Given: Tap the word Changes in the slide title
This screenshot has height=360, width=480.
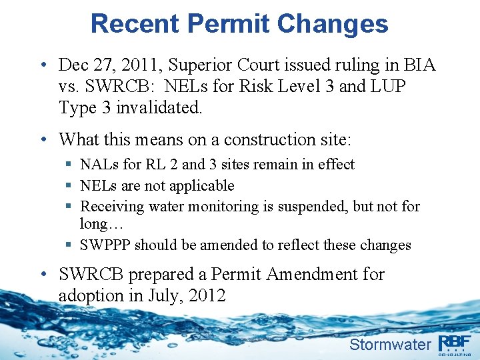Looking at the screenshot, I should pos(333,23).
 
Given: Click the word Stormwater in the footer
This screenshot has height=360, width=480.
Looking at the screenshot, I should pos(391,344).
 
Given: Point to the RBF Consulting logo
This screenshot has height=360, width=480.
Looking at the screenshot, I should pos(455,344).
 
